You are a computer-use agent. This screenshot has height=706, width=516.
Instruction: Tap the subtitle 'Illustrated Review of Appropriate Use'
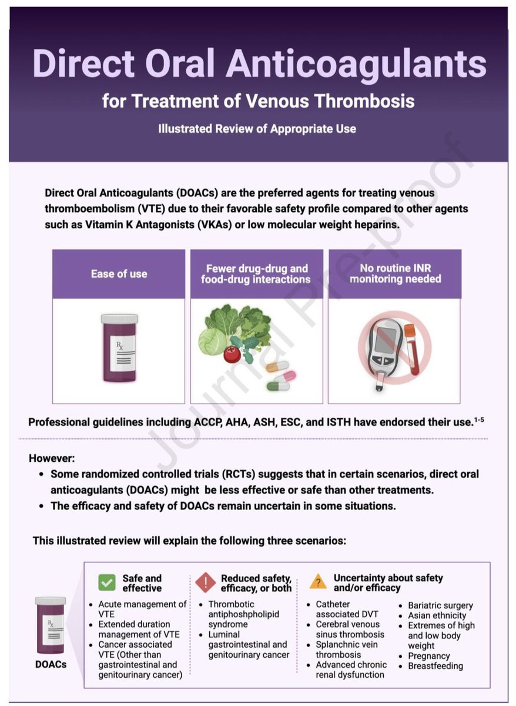point(257,128)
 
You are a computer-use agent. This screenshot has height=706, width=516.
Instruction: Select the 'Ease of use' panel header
point(119,274)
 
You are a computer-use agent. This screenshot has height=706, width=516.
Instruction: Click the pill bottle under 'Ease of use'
point(119,348)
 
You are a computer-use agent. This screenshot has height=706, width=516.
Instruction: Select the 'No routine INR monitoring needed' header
point(395,274)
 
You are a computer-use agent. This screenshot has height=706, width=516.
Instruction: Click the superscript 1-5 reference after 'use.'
point(480,418)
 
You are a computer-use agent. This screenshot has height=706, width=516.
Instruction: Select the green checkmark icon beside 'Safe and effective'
point(106,582)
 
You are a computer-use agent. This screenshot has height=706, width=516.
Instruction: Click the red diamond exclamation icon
point(206,582)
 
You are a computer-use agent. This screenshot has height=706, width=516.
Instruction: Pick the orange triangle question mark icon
point(318,582)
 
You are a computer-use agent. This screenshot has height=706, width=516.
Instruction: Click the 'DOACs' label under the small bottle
point(50,664)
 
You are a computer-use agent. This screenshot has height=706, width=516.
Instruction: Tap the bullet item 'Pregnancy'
point(428,655)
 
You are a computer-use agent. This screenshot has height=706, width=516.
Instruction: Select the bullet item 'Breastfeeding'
point(435,666)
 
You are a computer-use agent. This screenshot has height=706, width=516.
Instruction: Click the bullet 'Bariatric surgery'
point(440,605)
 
